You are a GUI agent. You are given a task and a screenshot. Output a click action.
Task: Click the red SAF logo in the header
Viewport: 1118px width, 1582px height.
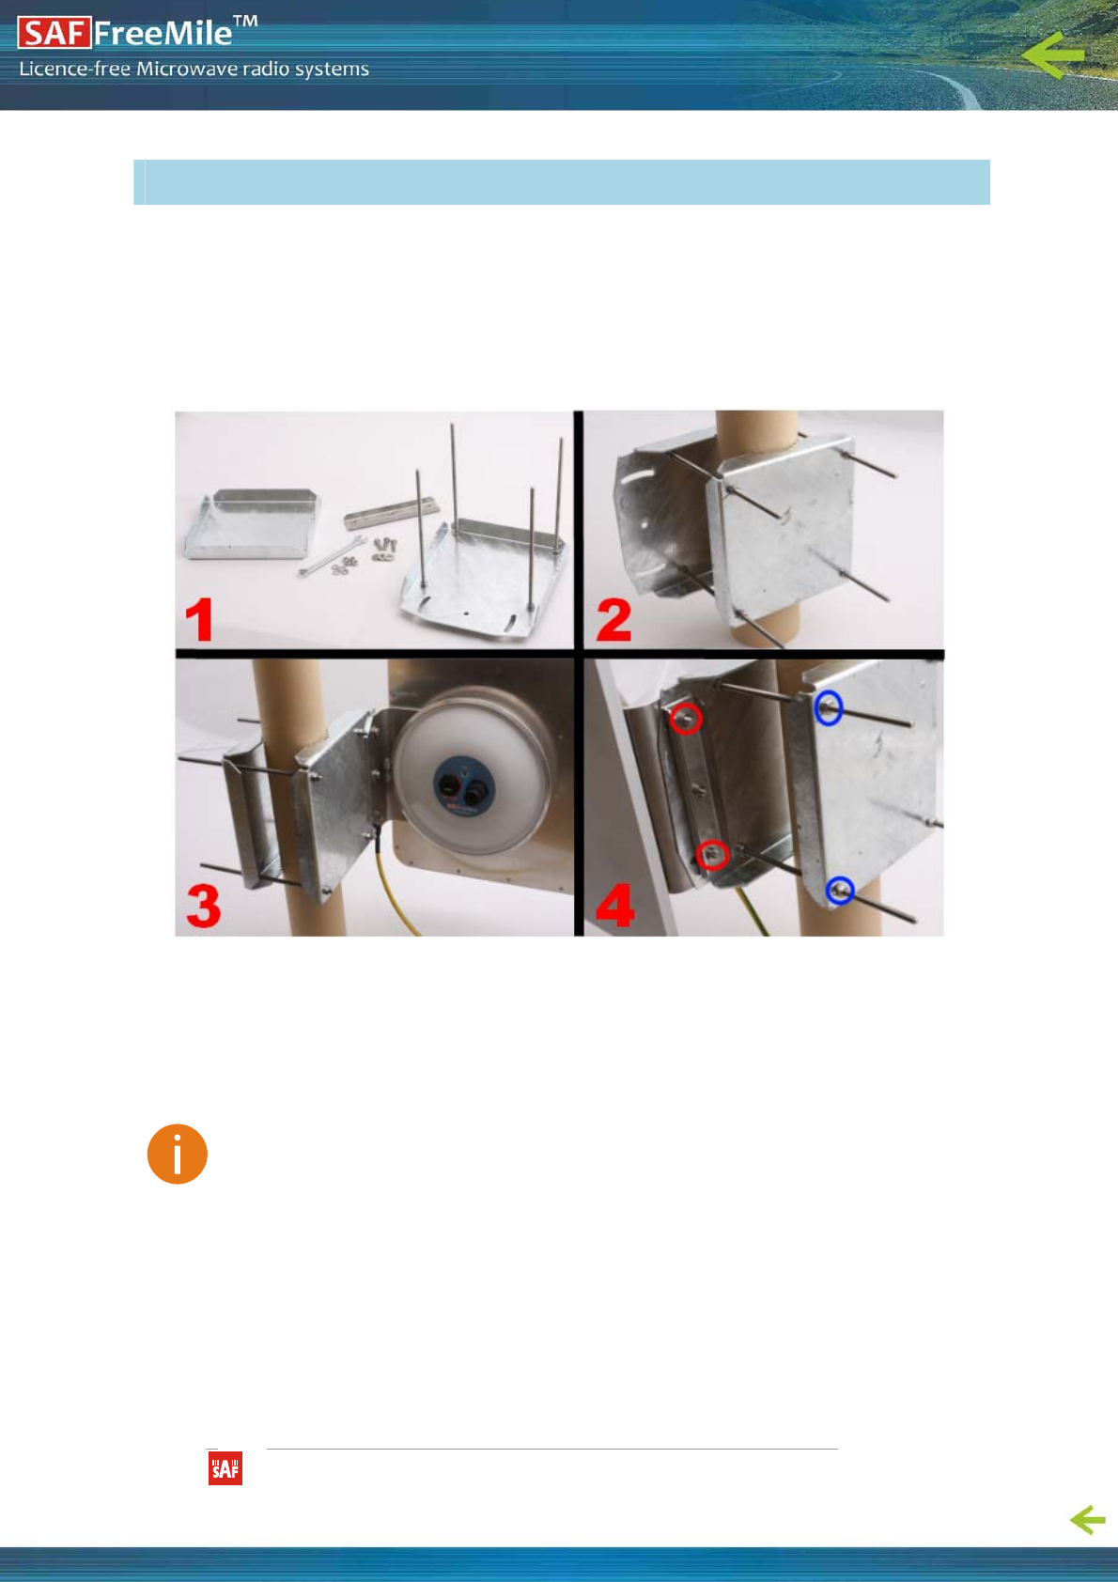[x=54, y=33]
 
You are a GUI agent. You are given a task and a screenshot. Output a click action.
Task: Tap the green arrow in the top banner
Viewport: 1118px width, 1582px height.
[x=1052, y=54]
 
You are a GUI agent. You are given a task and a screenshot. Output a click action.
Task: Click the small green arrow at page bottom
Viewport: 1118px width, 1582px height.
[x=1088, y=1519]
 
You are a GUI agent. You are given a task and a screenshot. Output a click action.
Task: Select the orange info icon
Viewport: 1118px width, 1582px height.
[x=178, y=1154]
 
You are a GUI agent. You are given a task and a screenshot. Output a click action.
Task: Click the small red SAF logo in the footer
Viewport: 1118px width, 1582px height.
[x=225, y=1468]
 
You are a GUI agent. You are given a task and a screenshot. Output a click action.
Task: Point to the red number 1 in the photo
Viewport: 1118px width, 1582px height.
[x=200, y=619]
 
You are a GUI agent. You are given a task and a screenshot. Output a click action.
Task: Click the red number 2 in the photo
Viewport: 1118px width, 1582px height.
[x=613, y=619]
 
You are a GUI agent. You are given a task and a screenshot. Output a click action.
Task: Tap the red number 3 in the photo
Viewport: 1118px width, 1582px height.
[x=204, y=906]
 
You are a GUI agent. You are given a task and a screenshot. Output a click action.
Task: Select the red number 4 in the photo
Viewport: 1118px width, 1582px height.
[x=615, y=906]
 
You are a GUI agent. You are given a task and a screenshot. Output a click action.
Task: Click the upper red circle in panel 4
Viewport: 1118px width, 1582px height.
[x=685, y=719]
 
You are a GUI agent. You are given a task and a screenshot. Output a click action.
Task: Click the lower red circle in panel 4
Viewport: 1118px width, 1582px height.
[x=712, y=855]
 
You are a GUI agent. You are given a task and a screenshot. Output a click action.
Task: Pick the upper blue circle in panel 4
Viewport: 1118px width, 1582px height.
[x=829, y=707]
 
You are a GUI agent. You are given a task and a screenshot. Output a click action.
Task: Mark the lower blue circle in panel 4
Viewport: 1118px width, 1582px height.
[x=840, y=891]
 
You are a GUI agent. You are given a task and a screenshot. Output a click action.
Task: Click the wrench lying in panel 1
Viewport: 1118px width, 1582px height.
[x=332, y=556]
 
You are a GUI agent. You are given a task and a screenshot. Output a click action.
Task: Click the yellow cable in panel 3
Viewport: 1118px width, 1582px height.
[x=396, y=883]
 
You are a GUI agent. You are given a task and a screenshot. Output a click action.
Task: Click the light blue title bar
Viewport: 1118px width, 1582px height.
[x=562, y=182]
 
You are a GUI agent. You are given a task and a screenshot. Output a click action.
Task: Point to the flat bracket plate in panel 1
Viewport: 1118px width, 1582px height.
[x=251, y=524]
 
